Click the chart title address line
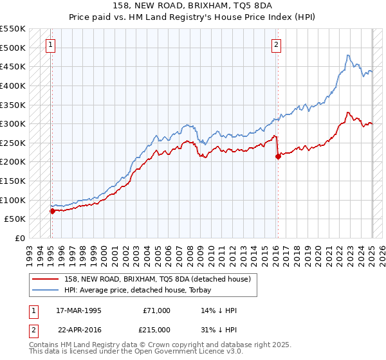point(193,6)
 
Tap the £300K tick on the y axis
point(13,123)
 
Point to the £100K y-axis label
point(13,200)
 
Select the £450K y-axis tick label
point(13,66)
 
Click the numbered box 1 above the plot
point(50,45)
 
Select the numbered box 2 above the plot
point(276,45)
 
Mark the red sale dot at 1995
point(52,211)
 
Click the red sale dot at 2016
point(278,156)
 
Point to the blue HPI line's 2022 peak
point(347,56)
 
